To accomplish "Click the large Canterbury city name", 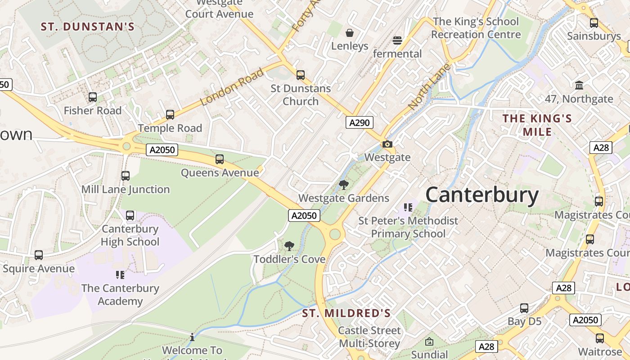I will tap(481, 195).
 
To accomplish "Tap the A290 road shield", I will tap(359, 122).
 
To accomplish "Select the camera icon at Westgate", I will tap(387, 144).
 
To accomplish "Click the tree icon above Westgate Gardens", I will tap(344, 185).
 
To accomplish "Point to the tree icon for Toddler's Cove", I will tap(289, 246).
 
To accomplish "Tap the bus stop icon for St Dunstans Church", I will tap(301, 75).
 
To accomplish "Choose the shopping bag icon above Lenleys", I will tap(350, 33).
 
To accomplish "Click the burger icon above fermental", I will tap(397, 40).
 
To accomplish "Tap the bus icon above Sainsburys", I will tap(594, 23).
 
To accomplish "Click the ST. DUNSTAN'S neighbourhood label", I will tap(88, 27).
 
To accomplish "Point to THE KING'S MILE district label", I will tap(537, 125).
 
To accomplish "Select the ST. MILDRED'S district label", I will tap(346, 313).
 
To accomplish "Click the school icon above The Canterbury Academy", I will tap(120, 274).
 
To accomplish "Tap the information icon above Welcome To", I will tap(192, 337).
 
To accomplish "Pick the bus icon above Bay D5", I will tap(524, 308).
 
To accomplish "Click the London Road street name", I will tap(231, 87).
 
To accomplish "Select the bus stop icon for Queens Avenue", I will tap(220, 159).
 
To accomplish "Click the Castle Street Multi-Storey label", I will tap(369, 337).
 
